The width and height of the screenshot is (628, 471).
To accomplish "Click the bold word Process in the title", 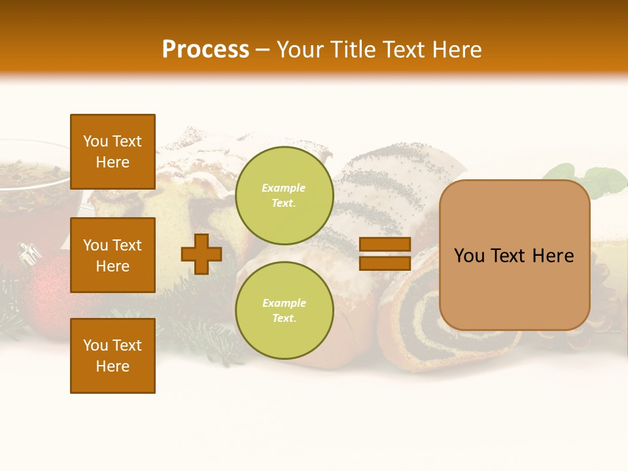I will [205, 50].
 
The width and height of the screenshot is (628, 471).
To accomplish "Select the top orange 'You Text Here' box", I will [113, 152].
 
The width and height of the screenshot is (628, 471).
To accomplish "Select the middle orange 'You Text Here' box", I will [113, 255].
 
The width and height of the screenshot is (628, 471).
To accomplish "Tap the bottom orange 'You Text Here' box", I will [113, 356].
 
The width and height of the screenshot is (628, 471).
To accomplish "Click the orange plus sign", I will [201, 254].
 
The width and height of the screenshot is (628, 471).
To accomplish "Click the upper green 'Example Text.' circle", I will [284, 195].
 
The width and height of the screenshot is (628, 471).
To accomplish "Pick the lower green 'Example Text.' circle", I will [284, 310].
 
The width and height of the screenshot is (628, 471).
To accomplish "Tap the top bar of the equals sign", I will [385, 244].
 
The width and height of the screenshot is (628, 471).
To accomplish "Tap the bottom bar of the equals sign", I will [385, 263].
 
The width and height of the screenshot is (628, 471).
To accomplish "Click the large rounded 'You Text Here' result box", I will [514, 255].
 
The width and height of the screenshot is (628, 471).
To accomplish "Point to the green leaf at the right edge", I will [602, 180].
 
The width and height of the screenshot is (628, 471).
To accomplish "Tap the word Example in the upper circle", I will [284, 188].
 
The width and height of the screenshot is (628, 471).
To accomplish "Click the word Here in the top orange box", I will [113, 162].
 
